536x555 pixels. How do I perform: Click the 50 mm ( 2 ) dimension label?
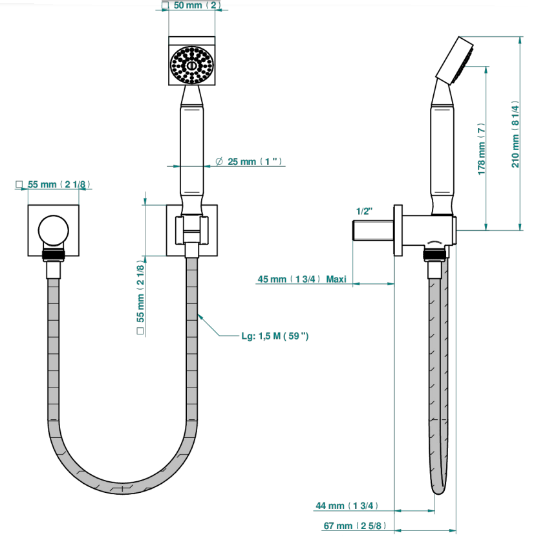197,5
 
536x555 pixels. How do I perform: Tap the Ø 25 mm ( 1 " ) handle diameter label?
249,162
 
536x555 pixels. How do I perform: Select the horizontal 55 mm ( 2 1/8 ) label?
59,184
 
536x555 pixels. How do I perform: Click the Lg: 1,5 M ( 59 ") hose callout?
275,336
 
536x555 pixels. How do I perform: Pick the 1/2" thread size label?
364,212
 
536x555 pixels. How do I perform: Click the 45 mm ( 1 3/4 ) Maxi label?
302,279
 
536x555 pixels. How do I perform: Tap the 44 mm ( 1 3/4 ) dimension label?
347,506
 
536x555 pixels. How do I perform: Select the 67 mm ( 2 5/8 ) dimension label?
354,526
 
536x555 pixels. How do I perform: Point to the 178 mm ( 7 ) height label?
481,149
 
